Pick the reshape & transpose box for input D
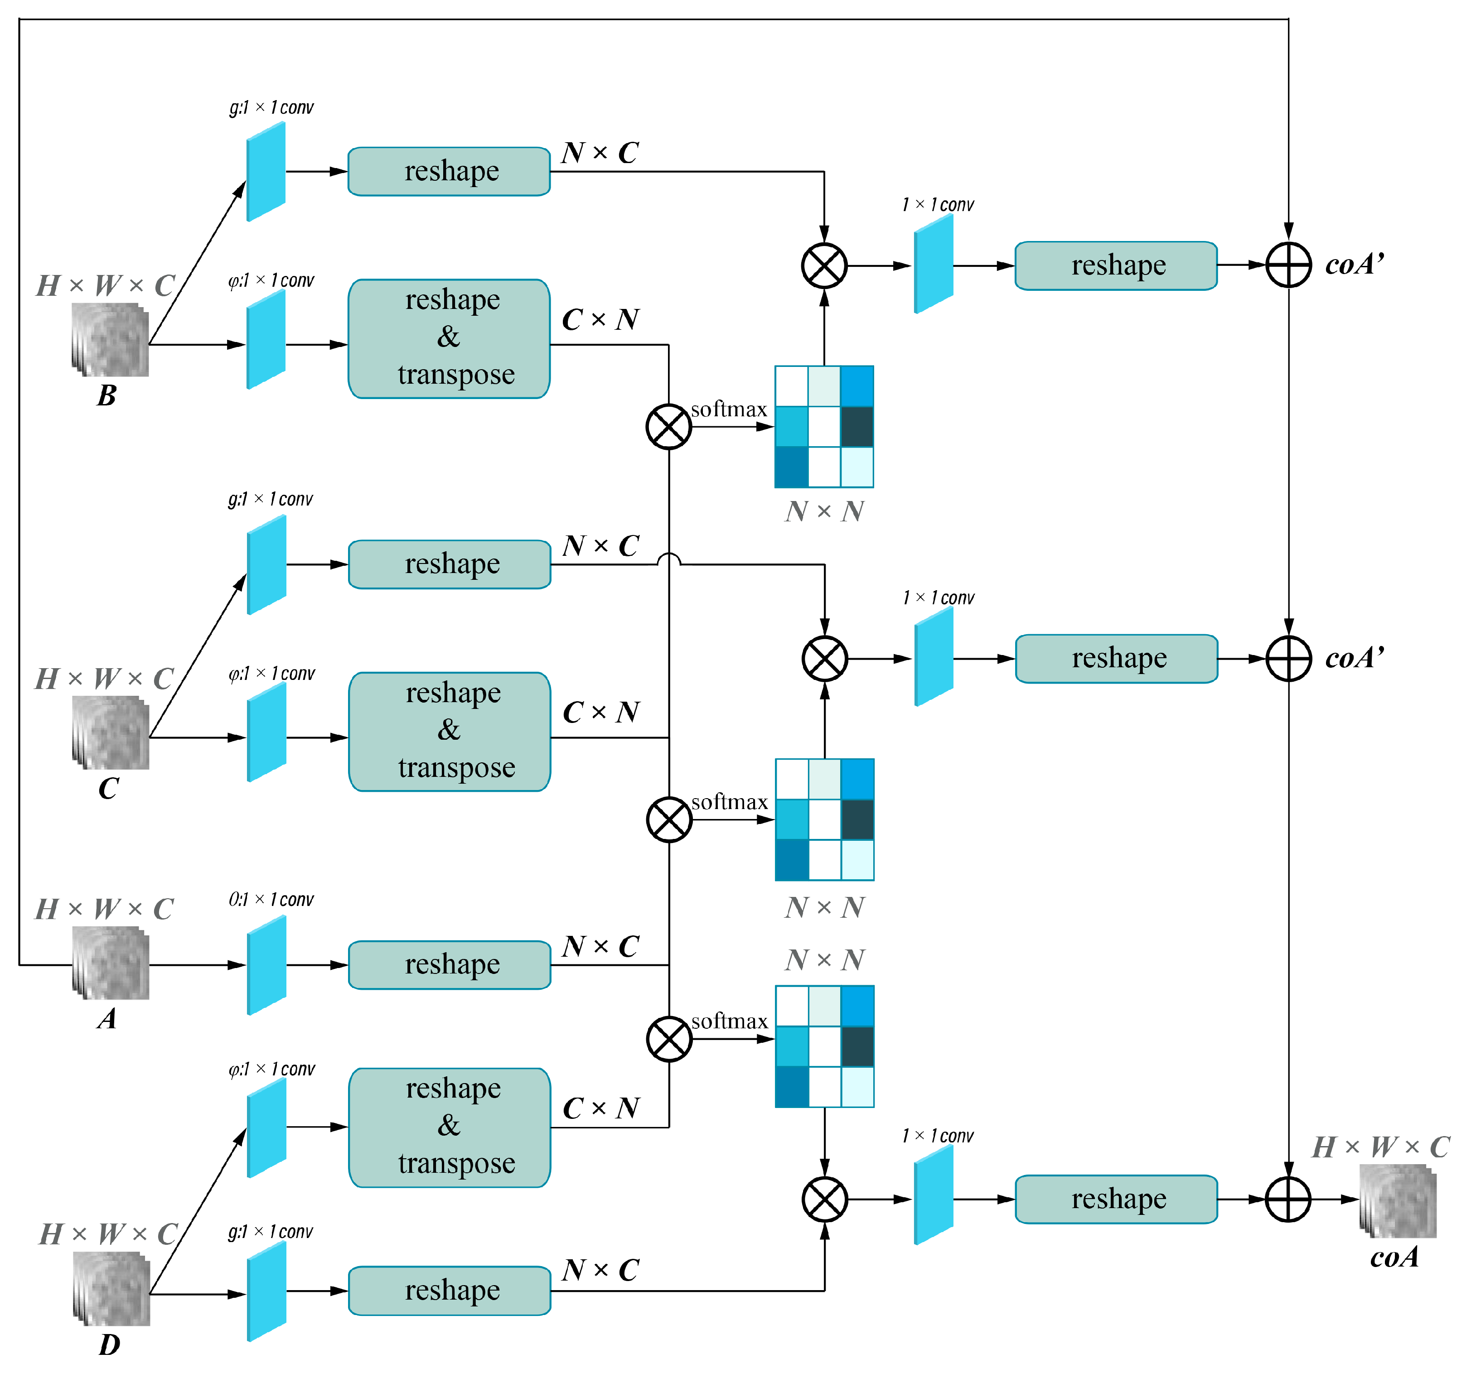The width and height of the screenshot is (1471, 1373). (449, 1127)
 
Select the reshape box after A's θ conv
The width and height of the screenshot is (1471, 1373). (449, 965)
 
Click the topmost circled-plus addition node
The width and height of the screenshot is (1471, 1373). (1288, 265)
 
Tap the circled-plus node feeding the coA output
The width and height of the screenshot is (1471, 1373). (1288, 1199)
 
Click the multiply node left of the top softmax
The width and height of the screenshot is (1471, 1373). (668, 427)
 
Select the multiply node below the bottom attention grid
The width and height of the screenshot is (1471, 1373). (824, 1199)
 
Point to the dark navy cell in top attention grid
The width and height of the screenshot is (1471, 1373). (857, 427)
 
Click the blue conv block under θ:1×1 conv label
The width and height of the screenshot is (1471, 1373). (266, 965)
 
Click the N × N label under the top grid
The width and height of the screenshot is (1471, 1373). (824, 511)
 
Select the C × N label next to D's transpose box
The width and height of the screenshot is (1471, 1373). (600, 1108)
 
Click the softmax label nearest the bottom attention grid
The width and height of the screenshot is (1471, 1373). (729, 1021)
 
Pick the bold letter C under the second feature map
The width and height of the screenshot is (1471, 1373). (108, 789)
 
